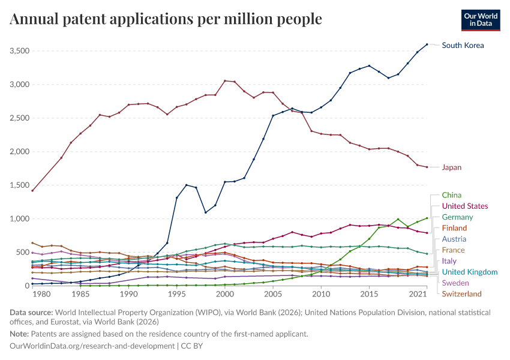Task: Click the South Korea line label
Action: (x=463, y=45)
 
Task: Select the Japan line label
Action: (x=451, y=167)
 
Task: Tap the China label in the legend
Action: (x=451, y=195)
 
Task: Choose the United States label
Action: (x=465, y=206)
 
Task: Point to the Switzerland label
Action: (x=461, y=294)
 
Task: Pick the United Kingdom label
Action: (x=470, y=272)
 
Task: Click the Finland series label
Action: (x=454, y=228)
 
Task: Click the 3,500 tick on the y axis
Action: (x=20, y=51)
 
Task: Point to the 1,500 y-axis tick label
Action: (x=20, y=185)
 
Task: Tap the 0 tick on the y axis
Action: (x=28, y=286)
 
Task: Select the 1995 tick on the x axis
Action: (x=176, y=295)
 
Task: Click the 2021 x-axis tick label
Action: (x=418, y=295)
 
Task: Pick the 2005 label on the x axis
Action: (x=273, y=295)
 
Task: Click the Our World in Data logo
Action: (x=481, y=20)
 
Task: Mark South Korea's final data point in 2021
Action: (x=427, y=44)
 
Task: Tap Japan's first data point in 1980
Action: (x=32, y=191)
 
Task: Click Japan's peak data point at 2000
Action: (x=225, y=80)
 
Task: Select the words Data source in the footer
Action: (x=31, y=313)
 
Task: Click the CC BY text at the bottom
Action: (x=192, y=346)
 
